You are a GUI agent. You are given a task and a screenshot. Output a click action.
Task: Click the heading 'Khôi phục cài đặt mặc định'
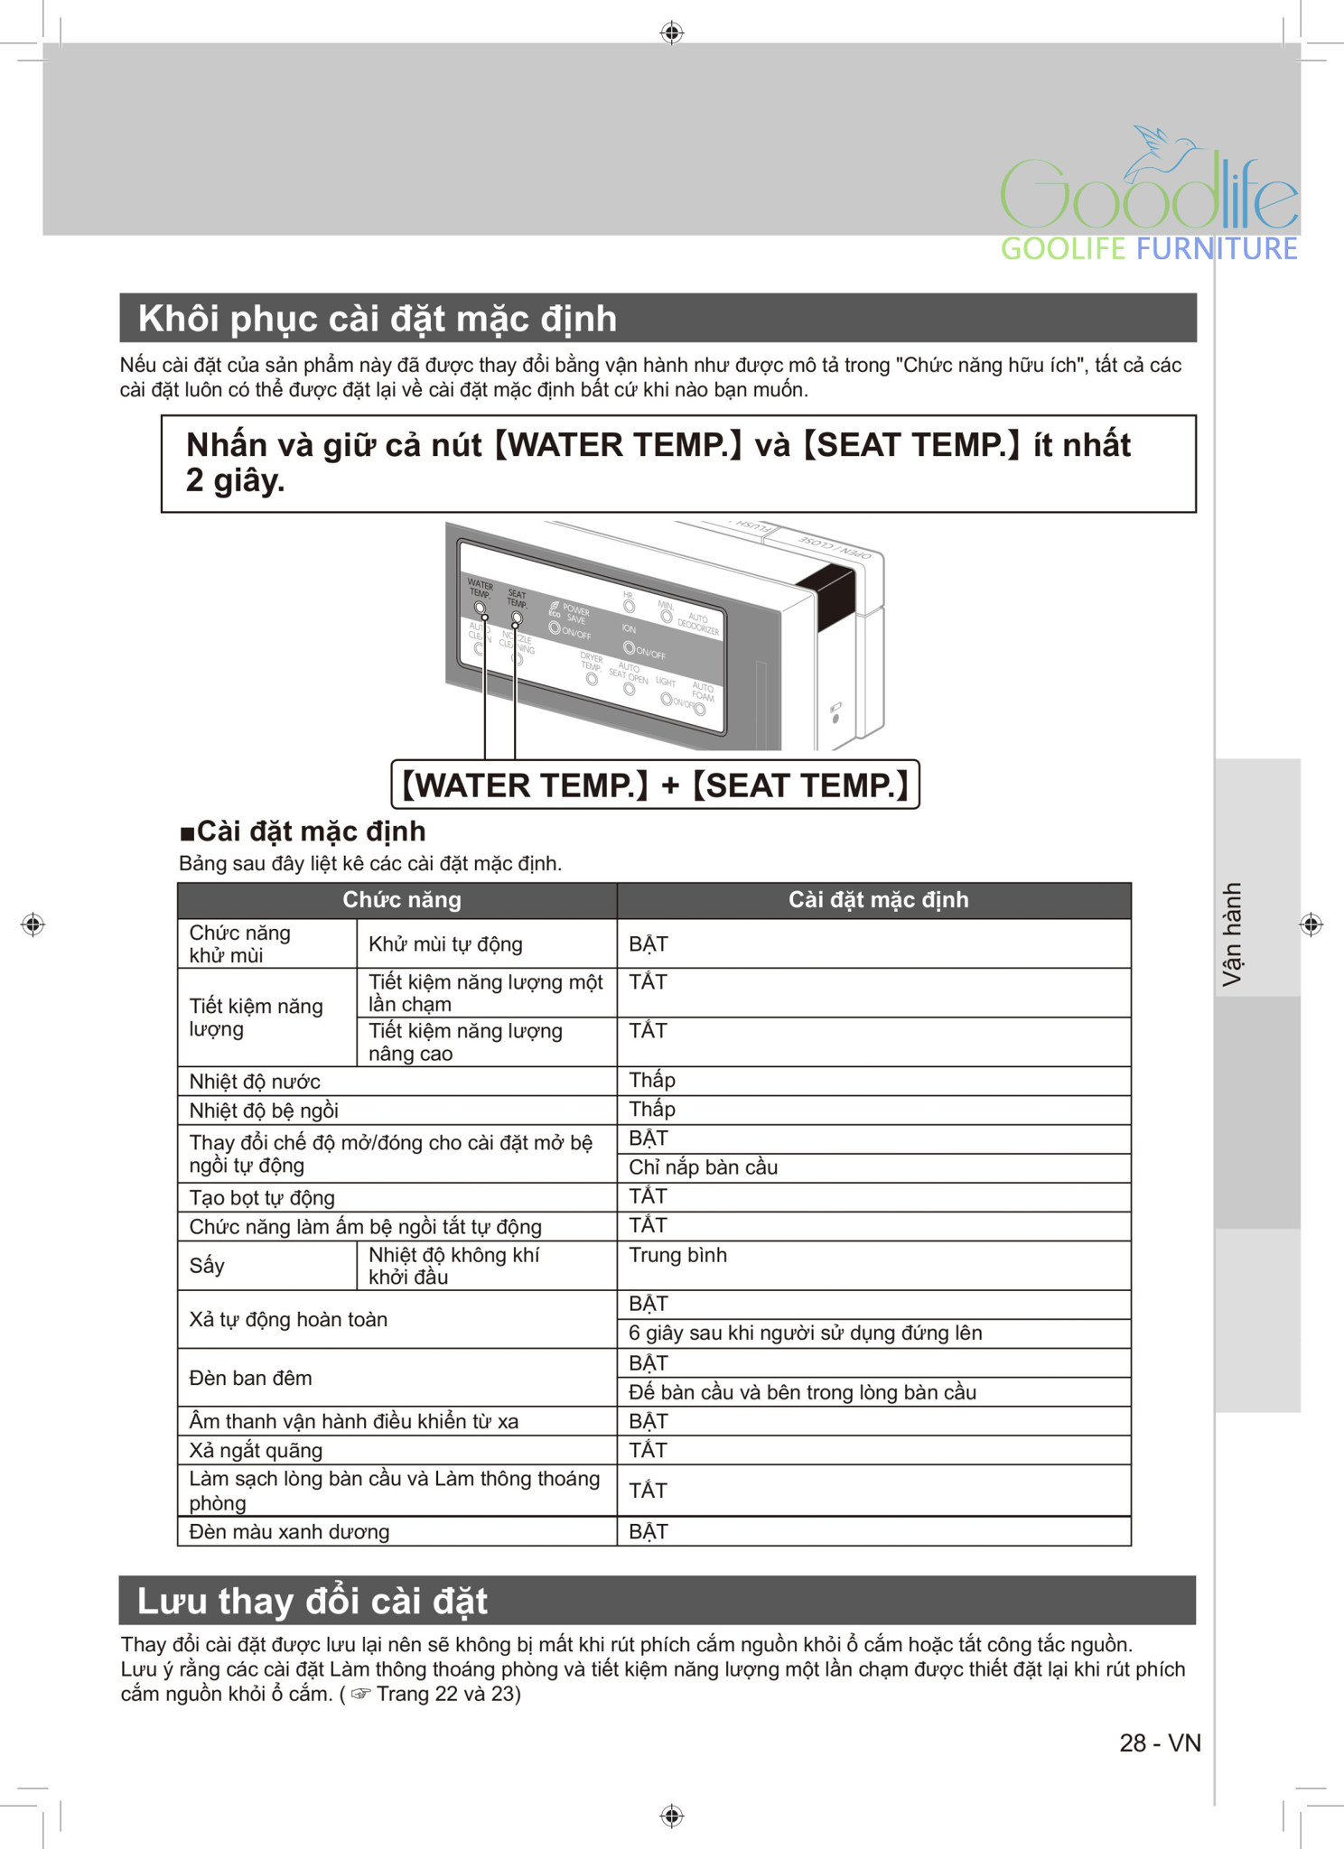[x=377, y=319]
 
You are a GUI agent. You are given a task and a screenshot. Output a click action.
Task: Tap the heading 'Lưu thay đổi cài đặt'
[x=312, y=1601]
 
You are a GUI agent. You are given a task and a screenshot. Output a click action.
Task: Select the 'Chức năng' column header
[x=401, y=899]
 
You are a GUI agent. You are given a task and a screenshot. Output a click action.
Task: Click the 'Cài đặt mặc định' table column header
[x=878, y=899]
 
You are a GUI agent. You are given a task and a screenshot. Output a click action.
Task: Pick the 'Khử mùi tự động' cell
[x=445, y=944]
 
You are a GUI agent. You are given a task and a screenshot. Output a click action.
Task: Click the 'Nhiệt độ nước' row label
[x=255, y=1082]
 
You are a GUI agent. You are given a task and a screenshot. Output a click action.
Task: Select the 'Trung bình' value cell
[x=677, y=1255]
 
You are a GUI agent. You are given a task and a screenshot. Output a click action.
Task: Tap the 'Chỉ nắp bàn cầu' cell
[x=703, y=1167]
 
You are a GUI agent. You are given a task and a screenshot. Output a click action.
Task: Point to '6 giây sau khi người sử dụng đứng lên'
[x=805, y=1333]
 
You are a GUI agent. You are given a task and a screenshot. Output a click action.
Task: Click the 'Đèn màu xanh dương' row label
[x=289, y=1531]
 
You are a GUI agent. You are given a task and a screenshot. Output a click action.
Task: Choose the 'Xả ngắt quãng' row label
[x=256, y=1450]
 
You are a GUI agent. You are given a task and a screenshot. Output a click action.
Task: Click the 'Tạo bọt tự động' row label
[x=262, y=1198]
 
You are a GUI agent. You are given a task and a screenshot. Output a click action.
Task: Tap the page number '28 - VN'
[x=1160, y=1742]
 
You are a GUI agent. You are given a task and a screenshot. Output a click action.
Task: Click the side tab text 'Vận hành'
[x=1232, y=934]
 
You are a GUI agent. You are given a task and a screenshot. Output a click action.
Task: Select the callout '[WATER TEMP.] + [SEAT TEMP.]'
[x=655, y=785]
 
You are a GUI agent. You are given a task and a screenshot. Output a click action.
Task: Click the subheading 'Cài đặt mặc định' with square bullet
[x=303, y=831]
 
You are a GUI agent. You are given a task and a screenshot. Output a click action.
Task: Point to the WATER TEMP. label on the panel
[x=480, y=589]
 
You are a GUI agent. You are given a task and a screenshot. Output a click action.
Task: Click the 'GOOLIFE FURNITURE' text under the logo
[x=1148, y=248]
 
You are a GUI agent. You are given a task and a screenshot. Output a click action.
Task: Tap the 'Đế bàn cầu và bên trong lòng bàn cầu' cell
[x=802, y=1392]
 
